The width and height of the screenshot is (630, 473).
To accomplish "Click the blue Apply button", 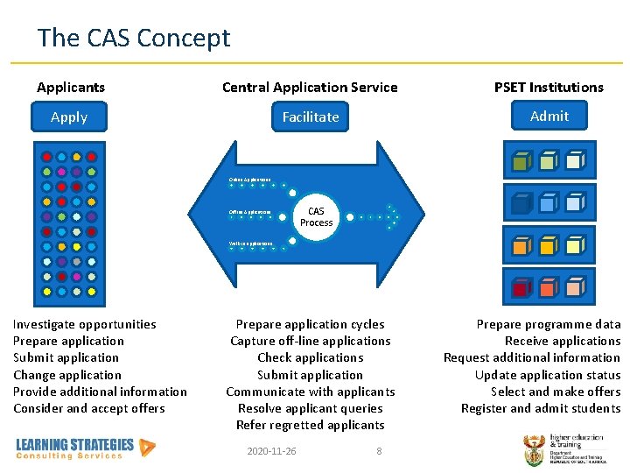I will tap(69, 116).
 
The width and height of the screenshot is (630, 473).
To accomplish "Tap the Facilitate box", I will tap(310, 116).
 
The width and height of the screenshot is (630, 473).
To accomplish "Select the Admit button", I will tap(549, 116).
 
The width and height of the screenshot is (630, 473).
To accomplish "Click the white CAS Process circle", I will tap(316, 216).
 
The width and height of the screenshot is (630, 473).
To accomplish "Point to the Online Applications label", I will tap(249, 180).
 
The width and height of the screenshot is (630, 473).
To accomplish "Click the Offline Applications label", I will tap(249, 212).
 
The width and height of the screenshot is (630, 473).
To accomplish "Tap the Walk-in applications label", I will tap(251, 243).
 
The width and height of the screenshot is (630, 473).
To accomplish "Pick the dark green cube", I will tap(520, 162).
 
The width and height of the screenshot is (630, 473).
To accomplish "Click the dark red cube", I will tap(521, 287).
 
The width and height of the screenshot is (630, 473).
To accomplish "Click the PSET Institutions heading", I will tap(549, 87).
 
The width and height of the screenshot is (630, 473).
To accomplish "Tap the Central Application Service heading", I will tap(310, 87).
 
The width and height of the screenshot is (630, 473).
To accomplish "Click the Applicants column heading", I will tap(71, 87).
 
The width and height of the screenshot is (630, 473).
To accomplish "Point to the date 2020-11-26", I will tap(271, 451).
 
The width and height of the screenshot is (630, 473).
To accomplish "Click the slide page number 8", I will tap(379, 451).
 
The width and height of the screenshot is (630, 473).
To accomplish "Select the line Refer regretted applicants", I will tap(310, 425).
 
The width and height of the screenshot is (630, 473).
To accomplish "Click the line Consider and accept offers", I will tap(88, 408).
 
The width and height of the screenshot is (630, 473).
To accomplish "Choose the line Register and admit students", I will tap(541, 408).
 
